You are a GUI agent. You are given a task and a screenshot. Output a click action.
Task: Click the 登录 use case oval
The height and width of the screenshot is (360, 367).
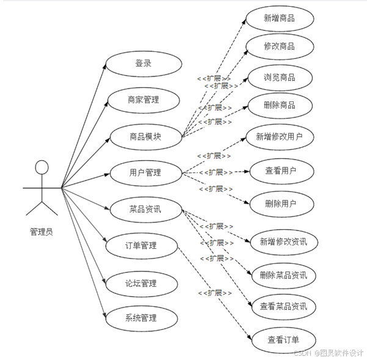[x=144, y=64]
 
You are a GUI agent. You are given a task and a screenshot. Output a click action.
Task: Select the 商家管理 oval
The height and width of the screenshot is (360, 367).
[x=144, y=100]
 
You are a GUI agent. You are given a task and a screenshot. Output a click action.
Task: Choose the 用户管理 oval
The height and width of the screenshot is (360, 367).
[x=145, y=172]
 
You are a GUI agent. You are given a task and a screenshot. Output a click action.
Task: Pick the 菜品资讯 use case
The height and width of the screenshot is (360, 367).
[x=145, y=209]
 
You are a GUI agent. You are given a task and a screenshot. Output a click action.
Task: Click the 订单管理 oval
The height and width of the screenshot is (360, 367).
[x=141, y=246]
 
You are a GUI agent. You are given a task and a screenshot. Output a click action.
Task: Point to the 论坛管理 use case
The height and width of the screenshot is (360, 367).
[x=141, y=283]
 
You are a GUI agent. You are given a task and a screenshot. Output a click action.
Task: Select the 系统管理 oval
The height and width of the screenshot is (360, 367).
[x=141, y=318]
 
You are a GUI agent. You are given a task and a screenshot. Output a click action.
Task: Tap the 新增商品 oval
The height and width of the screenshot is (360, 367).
[x=280, y=18]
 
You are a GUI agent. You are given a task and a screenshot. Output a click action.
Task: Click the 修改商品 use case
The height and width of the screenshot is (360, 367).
[x=280, y=47]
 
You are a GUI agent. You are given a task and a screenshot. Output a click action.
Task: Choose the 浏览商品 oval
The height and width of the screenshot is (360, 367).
[x=280, y=78]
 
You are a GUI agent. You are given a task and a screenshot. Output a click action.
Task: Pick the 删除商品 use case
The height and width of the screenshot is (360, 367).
[x=280, y=105]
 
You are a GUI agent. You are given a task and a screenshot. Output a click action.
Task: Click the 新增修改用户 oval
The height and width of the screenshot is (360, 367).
[x=280, y=137]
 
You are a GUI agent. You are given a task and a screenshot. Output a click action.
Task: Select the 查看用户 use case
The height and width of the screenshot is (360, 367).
[x=282, y=172]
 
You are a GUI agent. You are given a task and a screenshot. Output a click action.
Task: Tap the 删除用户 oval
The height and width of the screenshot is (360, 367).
[x=282, y=204]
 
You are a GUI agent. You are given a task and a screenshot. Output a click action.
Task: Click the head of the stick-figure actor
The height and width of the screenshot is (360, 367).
[x=42, y=167]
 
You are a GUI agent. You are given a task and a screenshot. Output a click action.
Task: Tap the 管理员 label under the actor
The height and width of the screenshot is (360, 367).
[x=42, y=232]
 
